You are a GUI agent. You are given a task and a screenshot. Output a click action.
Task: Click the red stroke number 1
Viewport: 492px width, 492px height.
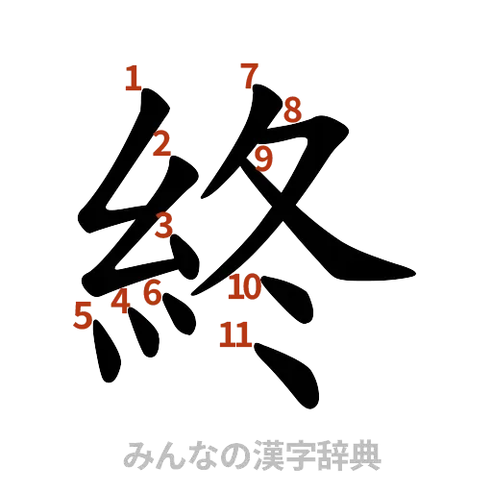click(x=133, y=78)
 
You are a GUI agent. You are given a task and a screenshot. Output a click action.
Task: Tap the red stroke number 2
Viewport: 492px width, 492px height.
click(x=161, y=145)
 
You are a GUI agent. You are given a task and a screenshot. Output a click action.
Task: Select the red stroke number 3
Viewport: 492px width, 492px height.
click(x=163, y=225)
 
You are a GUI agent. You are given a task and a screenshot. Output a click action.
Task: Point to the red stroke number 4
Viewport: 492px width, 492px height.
click(x=120, y=302)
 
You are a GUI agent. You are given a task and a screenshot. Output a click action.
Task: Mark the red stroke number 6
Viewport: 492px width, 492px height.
click(x=151, y=291)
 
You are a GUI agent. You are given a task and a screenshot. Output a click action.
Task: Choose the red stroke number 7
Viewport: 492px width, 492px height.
click(x=250, y=74)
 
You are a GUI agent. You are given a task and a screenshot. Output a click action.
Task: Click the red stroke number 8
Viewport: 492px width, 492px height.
click(x=291, y=111)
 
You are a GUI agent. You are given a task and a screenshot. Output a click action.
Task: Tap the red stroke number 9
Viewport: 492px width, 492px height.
click(x=264, y=157)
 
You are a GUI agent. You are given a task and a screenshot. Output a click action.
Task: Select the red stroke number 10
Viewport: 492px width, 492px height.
click(x=245, y=285)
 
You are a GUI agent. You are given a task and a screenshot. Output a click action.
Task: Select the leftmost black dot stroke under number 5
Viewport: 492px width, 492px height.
click(x=106, y=357)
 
